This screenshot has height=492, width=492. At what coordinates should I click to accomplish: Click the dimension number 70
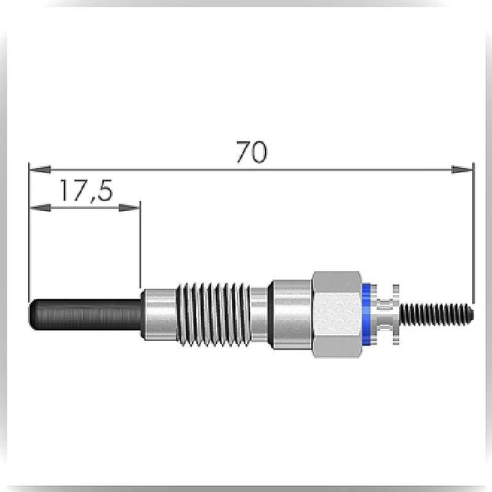tap(252, 152)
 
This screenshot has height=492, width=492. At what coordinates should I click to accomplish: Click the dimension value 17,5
tap(86, 191)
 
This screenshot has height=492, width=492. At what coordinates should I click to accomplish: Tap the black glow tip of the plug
tap(86, 315)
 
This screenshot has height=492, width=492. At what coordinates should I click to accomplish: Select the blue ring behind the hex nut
tap(366, 314)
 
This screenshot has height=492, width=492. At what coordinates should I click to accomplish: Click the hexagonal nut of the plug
tap(337, 314)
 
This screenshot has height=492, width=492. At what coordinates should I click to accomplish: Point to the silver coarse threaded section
tap(214, 314)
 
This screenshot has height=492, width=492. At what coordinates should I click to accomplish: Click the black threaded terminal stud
tap(436, 314)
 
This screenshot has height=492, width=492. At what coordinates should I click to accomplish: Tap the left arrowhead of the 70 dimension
tap(40, 170)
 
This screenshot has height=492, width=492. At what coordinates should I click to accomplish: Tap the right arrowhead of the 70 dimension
tap(463, 170)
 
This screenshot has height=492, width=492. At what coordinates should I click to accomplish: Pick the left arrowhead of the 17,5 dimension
tap(40, 208)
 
